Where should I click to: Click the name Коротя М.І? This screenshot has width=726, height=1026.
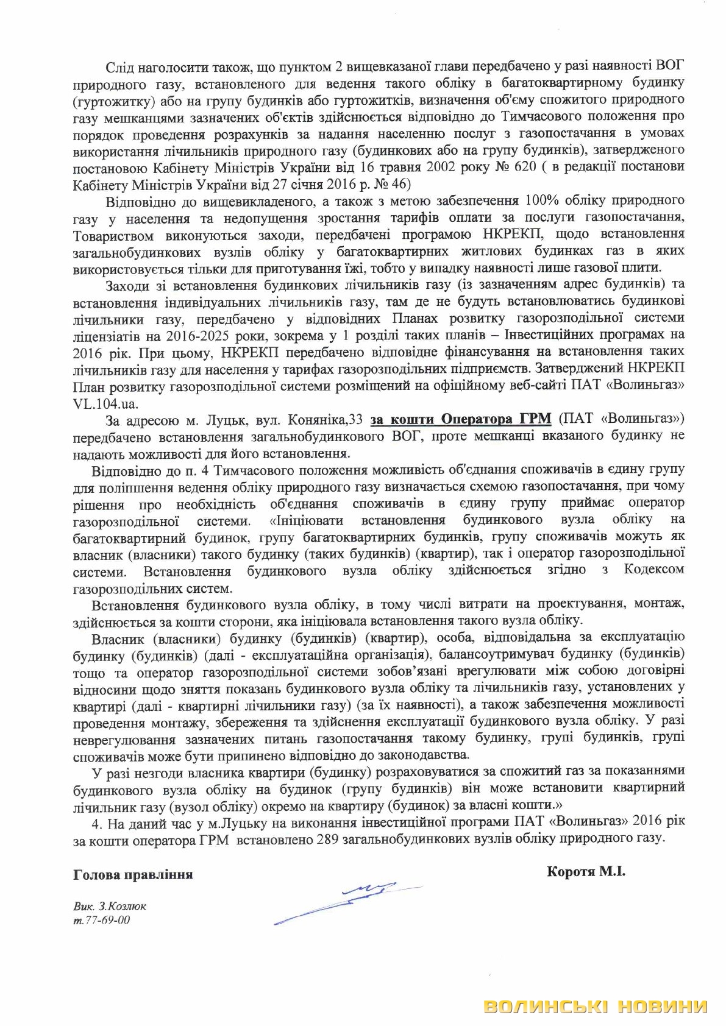(x=586, y=871)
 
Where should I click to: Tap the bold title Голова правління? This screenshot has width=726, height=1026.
(x=133, y=874)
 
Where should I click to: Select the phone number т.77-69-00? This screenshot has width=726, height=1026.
(x=101, y=920)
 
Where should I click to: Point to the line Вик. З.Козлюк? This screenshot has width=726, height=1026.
(x=110, y=906)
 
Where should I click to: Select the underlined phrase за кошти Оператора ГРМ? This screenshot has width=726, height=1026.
(x=461, y=419)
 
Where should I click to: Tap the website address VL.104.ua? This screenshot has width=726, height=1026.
(x=105, y=403)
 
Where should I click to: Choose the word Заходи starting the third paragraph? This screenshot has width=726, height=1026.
(x=127, y=285)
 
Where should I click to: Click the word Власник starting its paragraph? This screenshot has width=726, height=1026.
(x=118, y=638)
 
